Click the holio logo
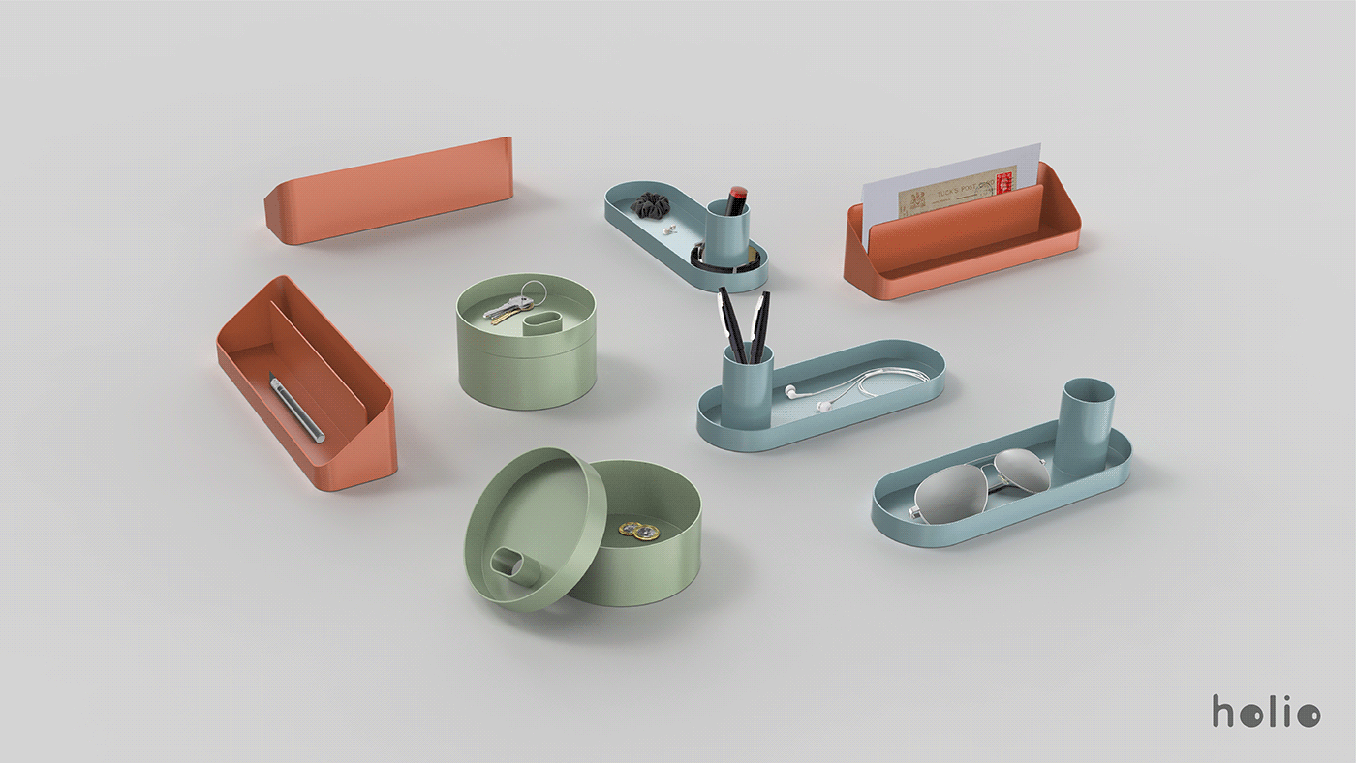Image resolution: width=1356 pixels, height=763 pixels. pyautogui.click(x=1265, y=712)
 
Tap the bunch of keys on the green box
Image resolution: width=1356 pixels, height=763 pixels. pyautogui.click(x=507, y=309)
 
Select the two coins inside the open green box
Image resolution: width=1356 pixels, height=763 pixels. pyautogui.click(x=638, y=531)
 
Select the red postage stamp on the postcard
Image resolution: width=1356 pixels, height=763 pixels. pyautogui.click(x=1004, y=182)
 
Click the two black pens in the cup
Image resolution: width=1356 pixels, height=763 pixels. pyautogui.click(x=744, y=320)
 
